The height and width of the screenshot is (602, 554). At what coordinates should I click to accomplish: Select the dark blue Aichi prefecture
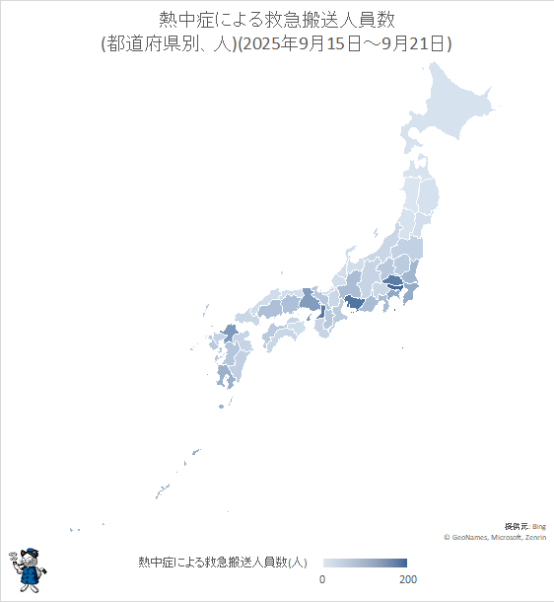click(354, 304)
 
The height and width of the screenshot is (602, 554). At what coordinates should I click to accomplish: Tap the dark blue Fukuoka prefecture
click(228, 334)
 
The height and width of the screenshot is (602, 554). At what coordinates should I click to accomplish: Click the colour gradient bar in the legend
click(365, 562)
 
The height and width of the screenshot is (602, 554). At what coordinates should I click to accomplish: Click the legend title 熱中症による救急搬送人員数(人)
click(223, 562)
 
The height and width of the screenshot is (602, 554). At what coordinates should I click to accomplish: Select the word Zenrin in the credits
click(535, 537)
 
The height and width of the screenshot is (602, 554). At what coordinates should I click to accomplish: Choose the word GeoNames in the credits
click(468, 537)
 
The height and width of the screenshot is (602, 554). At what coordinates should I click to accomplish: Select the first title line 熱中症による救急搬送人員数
click(277, 19)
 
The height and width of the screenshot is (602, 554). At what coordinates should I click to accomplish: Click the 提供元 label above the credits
click(516, 527)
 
